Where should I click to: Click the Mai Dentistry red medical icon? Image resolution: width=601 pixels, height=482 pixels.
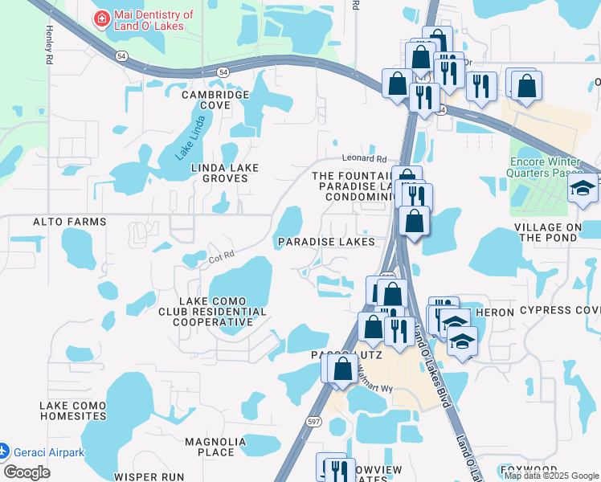pos(102,19)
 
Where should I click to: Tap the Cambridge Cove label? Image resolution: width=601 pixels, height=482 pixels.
pos(215,100)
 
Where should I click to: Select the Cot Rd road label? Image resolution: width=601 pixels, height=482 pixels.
pos(221,258)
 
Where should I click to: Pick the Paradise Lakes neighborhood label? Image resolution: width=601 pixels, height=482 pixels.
pos(326,242)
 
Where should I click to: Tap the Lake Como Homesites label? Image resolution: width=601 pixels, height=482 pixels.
pos(73,411)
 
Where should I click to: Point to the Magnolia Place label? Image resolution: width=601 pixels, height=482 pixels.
pos(215,447)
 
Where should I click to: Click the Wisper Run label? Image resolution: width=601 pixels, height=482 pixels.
pos(150,476)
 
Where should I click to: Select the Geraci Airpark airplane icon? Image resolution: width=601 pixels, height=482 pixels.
pos(4,451)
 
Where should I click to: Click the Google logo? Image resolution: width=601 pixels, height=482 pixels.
pos(27,472)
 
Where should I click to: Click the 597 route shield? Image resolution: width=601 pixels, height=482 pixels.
pos(314,421)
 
